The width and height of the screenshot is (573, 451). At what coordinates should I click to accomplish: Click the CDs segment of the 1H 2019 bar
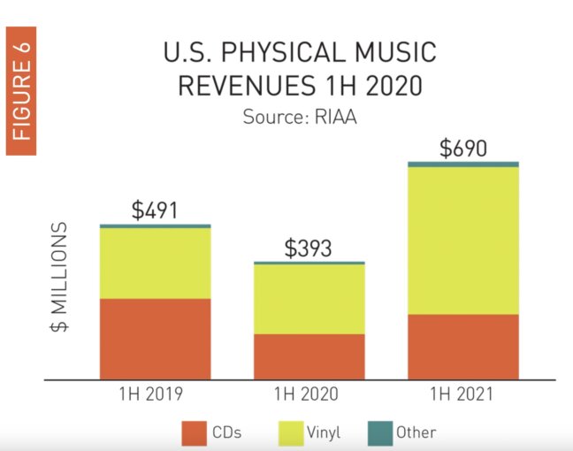(155, 339)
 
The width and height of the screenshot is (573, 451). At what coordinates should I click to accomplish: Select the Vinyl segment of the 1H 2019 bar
(155, 263)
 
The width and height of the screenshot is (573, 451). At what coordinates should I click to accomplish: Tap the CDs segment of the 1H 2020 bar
(309, 356)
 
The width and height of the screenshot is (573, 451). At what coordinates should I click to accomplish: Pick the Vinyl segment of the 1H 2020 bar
(309, 299)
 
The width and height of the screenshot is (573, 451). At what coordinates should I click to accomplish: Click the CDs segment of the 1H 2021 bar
(462, 347)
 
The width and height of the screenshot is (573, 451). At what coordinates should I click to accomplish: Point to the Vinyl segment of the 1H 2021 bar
(462, 240)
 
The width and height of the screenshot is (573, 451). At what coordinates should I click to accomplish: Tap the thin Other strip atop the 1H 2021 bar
(462, 164)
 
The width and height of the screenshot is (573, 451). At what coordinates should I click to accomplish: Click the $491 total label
(155, 210)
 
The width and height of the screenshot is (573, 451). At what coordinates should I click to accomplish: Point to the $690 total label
(462, 149)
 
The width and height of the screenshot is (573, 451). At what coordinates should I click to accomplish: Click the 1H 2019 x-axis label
(155, 394)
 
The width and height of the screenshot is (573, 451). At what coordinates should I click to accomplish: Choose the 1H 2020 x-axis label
(309, 394)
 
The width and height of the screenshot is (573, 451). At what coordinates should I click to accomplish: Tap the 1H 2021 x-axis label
(462, 394)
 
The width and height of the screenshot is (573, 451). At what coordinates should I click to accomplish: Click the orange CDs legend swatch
(194, 432)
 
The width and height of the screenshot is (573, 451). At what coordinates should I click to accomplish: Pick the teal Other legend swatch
(377, 432)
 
